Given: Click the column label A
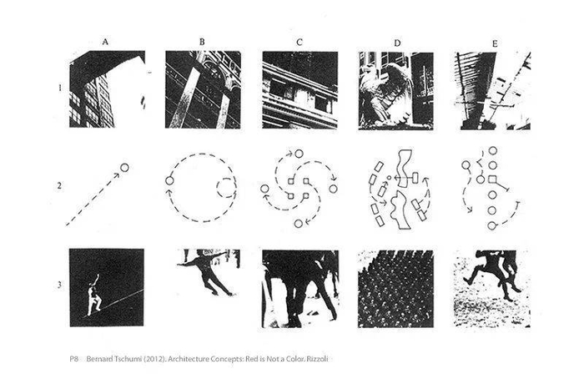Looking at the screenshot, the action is click(x=105, y=42).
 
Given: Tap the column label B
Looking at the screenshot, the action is click(x=202, y=42).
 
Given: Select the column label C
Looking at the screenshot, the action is click(x=299, y=42).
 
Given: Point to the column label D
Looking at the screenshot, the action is click(x=397, y=43).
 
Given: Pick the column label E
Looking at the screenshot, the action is click(x=495, y=43).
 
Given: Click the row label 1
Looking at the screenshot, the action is click(x=59, y=88).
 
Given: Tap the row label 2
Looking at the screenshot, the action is click(x=59, y=185).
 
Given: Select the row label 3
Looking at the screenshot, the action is click(x=59, y=285).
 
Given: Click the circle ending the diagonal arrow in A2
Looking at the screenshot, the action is click(x=125, y=168).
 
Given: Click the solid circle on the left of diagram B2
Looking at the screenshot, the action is click(x=169, y=181).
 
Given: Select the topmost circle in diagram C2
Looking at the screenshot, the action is click(x=299, y=154).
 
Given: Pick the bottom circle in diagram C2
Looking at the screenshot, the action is click(x=299, y=224).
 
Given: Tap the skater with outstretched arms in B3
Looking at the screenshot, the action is click(x=206, y=271).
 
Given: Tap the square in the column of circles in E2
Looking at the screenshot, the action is click(x=492, y=179).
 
